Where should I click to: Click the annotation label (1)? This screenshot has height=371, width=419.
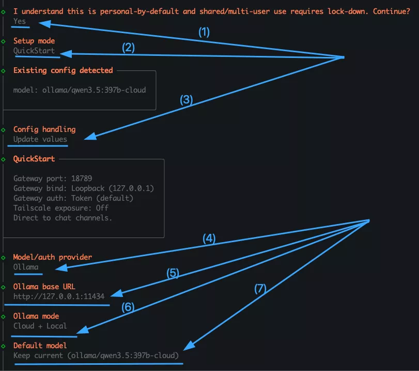coord(204,32)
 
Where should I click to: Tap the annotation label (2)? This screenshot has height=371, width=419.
coord(128,48)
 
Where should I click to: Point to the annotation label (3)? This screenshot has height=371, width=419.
coord(186,100)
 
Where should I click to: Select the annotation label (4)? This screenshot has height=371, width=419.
coord(209,239)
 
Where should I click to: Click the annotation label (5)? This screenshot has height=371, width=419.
coord(173,274)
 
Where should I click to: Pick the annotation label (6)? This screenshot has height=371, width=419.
coord(128,307)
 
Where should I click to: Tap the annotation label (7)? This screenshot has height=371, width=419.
coord(259,289)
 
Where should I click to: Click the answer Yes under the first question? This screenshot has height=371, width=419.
coord(20,21)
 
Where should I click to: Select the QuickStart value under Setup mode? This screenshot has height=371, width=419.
coord(34,51)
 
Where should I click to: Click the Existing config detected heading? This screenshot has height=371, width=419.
coord(63,70)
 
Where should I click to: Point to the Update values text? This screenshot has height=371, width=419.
coord(40,139)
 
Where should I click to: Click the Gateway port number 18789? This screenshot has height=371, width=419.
coord(82,179)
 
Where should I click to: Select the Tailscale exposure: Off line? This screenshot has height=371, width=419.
coord(61,208)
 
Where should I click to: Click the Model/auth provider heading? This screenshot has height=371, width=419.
coord(53,257)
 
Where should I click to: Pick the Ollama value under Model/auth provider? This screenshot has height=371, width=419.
coord(26,267)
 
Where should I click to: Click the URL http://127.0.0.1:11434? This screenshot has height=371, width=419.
coord(59,296)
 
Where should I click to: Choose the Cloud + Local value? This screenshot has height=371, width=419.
coord(40,326)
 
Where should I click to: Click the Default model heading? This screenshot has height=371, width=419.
coord(40,346)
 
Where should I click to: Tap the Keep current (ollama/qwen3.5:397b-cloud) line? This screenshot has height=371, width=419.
coord(96,355)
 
